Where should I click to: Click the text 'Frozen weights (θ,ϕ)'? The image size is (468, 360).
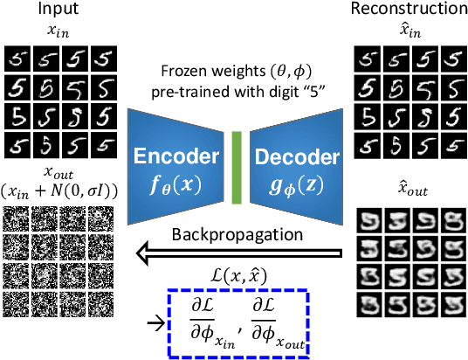[x=236, y=73]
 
